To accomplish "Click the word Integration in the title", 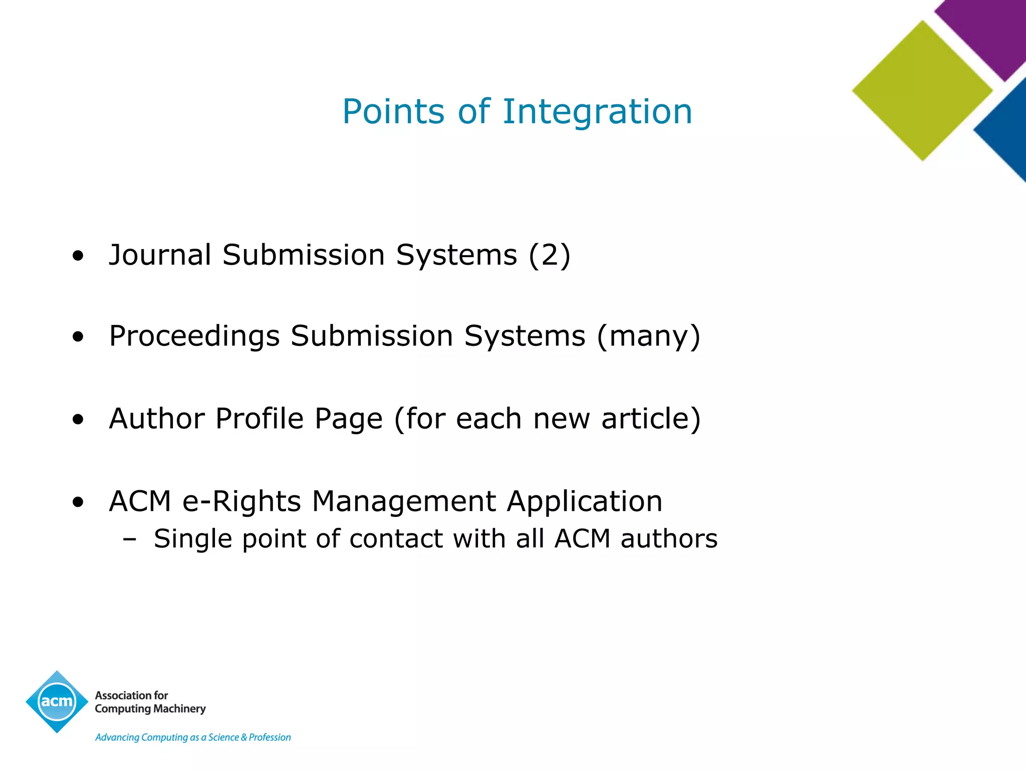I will coord(597,112).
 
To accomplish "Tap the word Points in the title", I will coord(393,112).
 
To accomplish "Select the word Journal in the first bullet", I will coord(160,255).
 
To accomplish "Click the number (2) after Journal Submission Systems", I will coord(550,255).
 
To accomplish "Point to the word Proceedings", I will coord(194,336).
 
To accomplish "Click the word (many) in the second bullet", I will coord(648,336).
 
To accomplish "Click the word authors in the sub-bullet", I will coord(669,539).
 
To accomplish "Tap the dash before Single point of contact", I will coord(129,539).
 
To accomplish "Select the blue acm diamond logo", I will coord(57,701).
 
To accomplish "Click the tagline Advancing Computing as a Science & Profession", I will coord(193,737).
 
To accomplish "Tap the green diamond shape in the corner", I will coord(922,91).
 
